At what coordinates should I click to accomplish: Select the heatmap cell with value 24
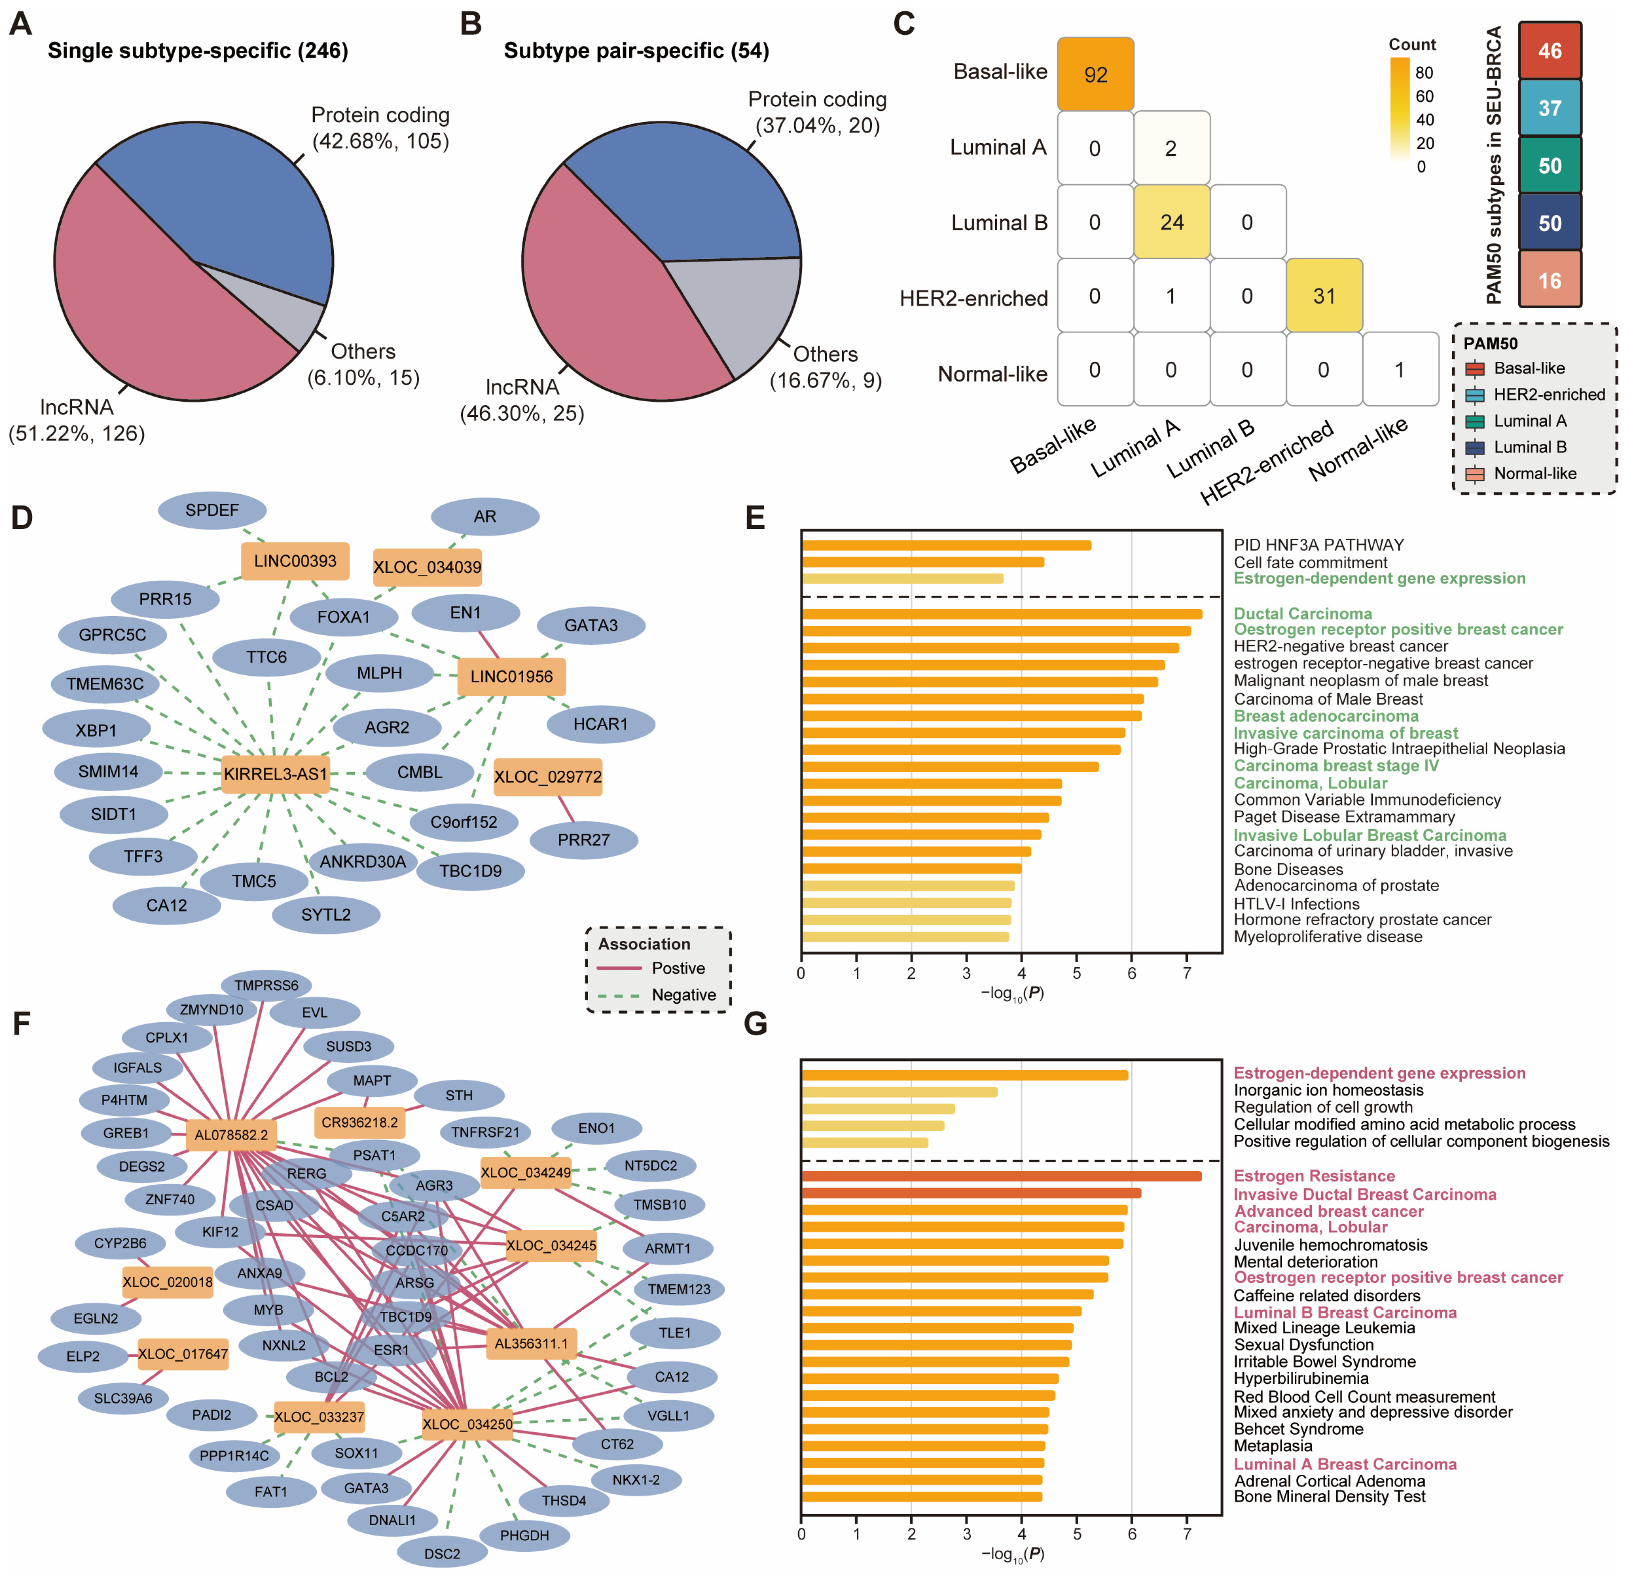[1171, 222]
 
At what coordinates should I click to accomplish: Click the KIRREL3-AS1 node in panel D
[275, 774]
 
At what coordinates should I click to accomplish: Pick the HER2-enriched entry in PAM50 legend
[1549, 394]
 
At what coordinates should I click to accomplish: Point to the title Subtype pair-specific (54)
[636, 51]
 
